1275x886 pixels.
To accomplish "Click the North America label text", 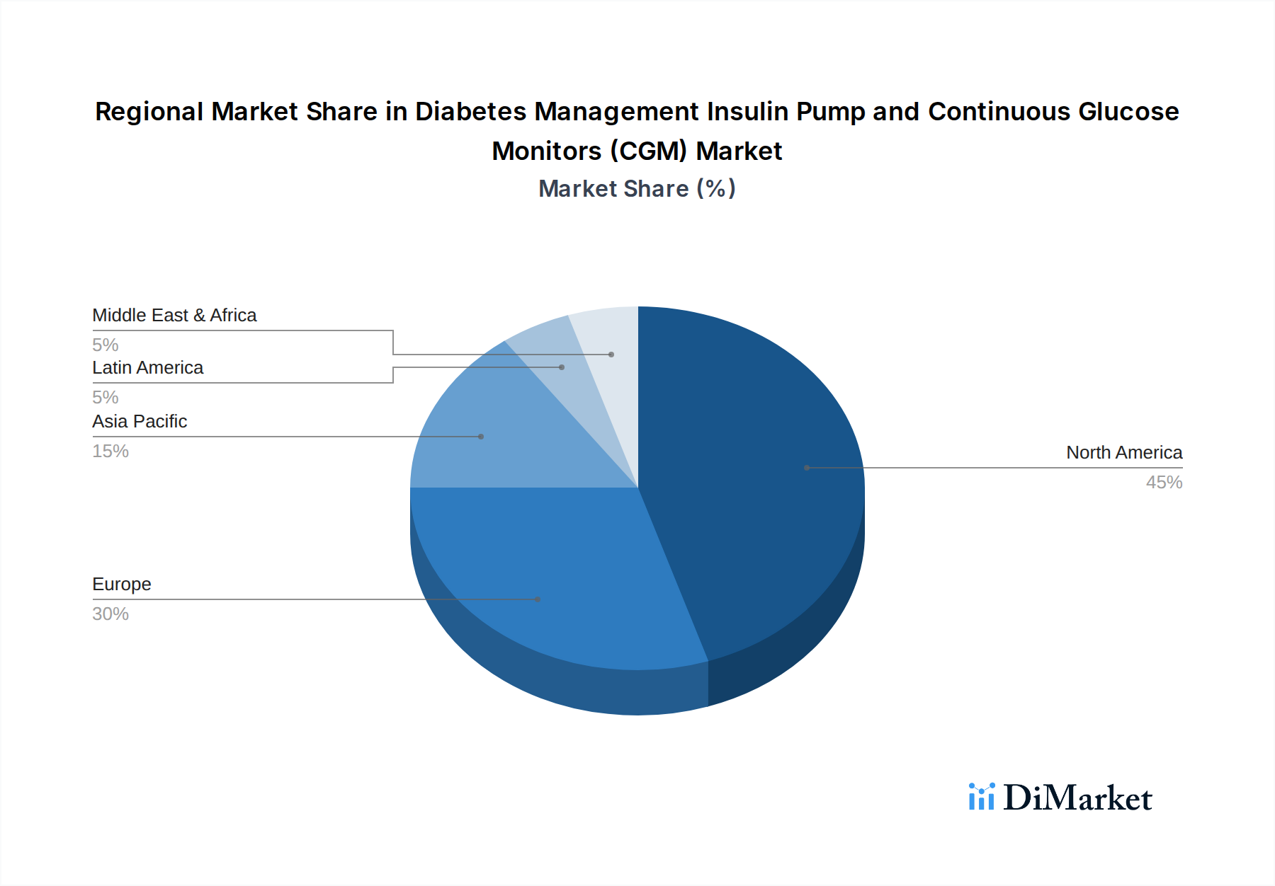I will point(1124,453).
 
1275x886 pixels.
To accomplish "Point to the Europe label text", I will point(122,585).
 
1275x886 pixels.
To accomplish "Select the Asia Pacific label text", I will point(140,422).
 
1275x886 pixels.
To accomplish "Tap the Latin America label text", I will point(147,368).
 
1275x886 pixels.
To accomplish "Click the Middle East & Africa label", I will point(174,316).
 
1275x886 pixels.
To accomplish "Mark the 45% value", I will point(1164,483).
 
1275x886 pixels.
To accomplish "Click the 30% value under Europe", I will point(110,614).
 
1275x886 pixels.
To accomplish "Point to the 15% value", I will point(110,451).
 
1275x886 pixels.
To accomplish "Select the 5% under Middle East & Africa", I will point(106,345).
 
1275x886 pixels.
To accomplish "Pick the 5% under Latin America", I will point(106,398).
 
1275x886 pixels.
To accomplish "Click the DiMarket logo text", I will point(1077,798).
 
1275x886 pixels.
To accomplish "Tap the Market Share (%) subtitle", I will point(637,189).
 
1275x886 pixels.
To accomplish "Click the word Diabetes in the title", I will point(470,112).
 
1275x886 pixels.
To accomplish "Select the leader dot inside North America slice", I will point(807,468).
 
